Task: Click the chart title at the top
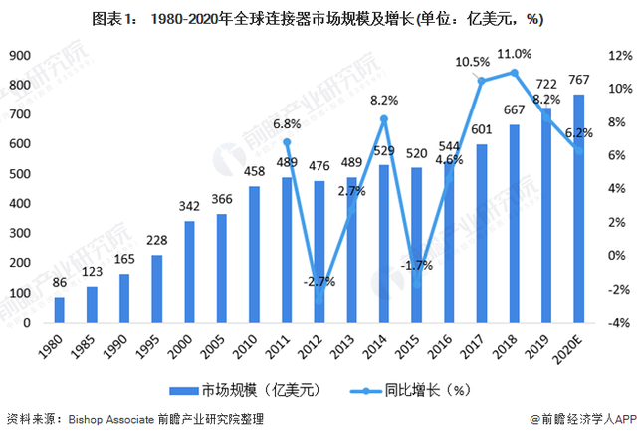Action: (x=318, y=19)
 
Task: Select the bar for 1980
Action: (x=60, y=310)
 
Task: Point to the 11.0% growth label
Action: (x=514, y=53)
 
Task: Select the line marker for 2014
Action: (x=383, y=119)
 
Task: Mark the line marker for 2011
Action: (x=287, y=142)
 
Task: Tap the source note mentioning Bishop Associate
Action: (x=135, y=421)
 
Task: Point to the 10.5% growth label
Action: (x=472, y=62)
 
